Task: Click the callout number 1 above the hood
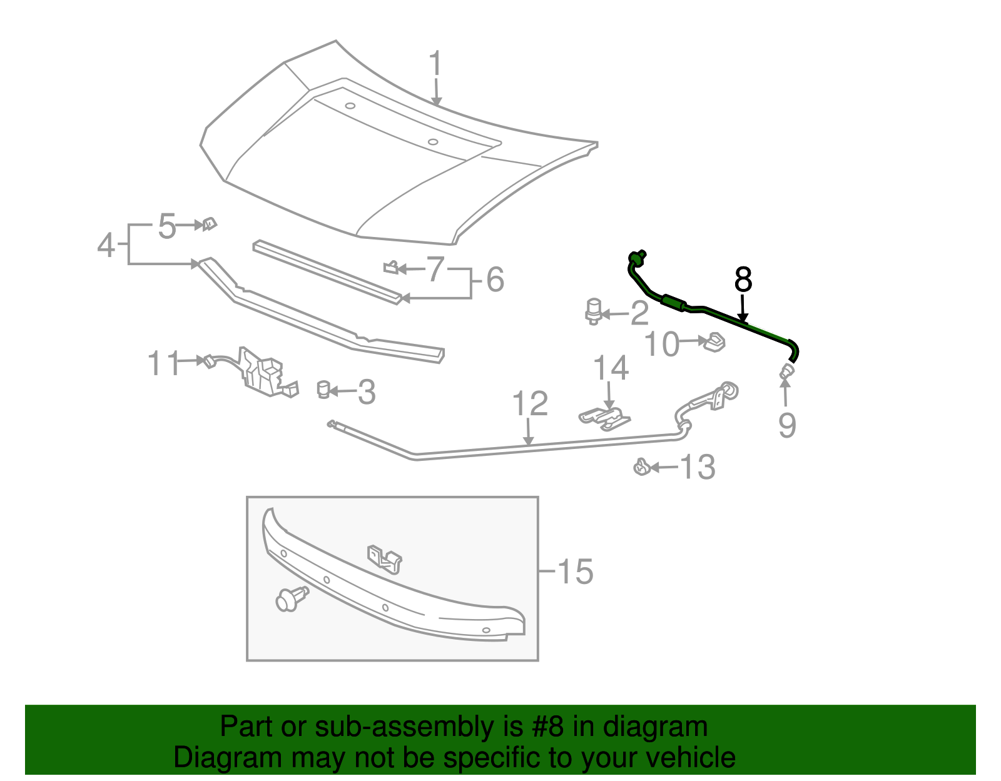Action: pos(435,66)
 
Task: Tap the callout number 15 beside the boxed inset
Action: pos(574,572)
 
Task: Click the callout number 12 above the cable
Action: pos(530,404)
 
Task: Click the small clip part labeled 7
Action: pos(391,268)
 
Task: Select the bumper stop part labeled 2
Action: pos(593,311)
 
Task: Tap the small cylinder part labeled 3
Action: pos(323,389)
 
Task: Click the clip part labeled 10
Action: pos(714,342)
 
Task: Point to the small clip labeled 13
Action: pos(641,466)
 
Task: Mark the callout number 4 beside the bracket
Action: pos(106,244)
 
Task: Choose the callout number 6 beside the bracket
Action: pos(495,279)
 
